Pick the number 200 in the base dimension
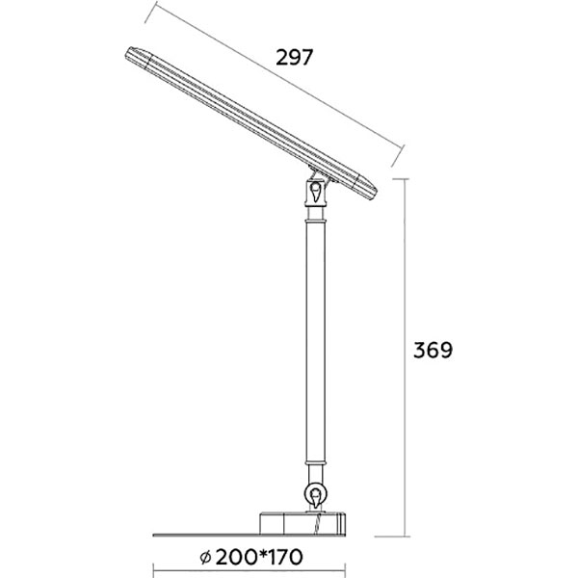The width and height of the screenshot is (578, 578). (x=233, y=558)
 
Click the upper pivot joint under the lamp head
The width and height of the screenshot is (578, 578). (x=317, y=194)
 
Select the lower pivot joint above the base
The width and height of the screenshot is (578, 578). (x=315, y=496)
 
